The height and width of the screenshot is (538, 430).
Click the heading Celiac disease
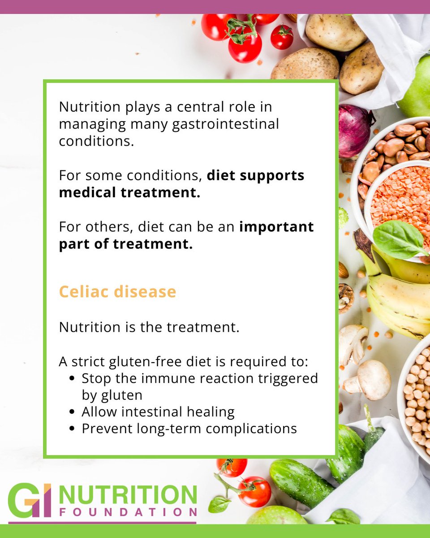[x=117, y=292]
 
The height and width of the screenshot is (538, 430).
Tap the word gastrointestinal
[x=225, y=124]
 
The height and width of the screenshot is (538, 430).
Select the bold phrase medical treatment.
[x=129, y=192]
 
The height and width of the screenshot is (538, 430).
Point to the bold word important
[x=276, y=227]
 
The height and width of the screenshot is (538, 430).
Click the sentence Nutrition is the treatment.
[x=149, y=327]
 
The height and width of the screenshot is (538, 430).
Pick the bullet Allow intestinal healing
[x=158, y=412]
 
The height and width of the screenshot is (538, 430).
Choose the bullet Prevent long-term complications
[x=189, y=428]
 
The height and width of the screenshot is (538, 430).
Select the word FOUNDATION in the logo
[x=128, y=512]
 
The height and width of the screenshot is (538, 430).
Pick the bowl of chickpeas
[x=417, y=395]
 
